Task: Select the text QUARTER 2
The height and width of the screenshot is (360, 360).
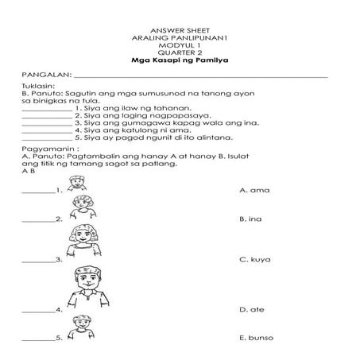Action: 179,52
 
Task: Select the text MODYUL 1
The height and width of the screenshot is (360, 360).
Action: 179,45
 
